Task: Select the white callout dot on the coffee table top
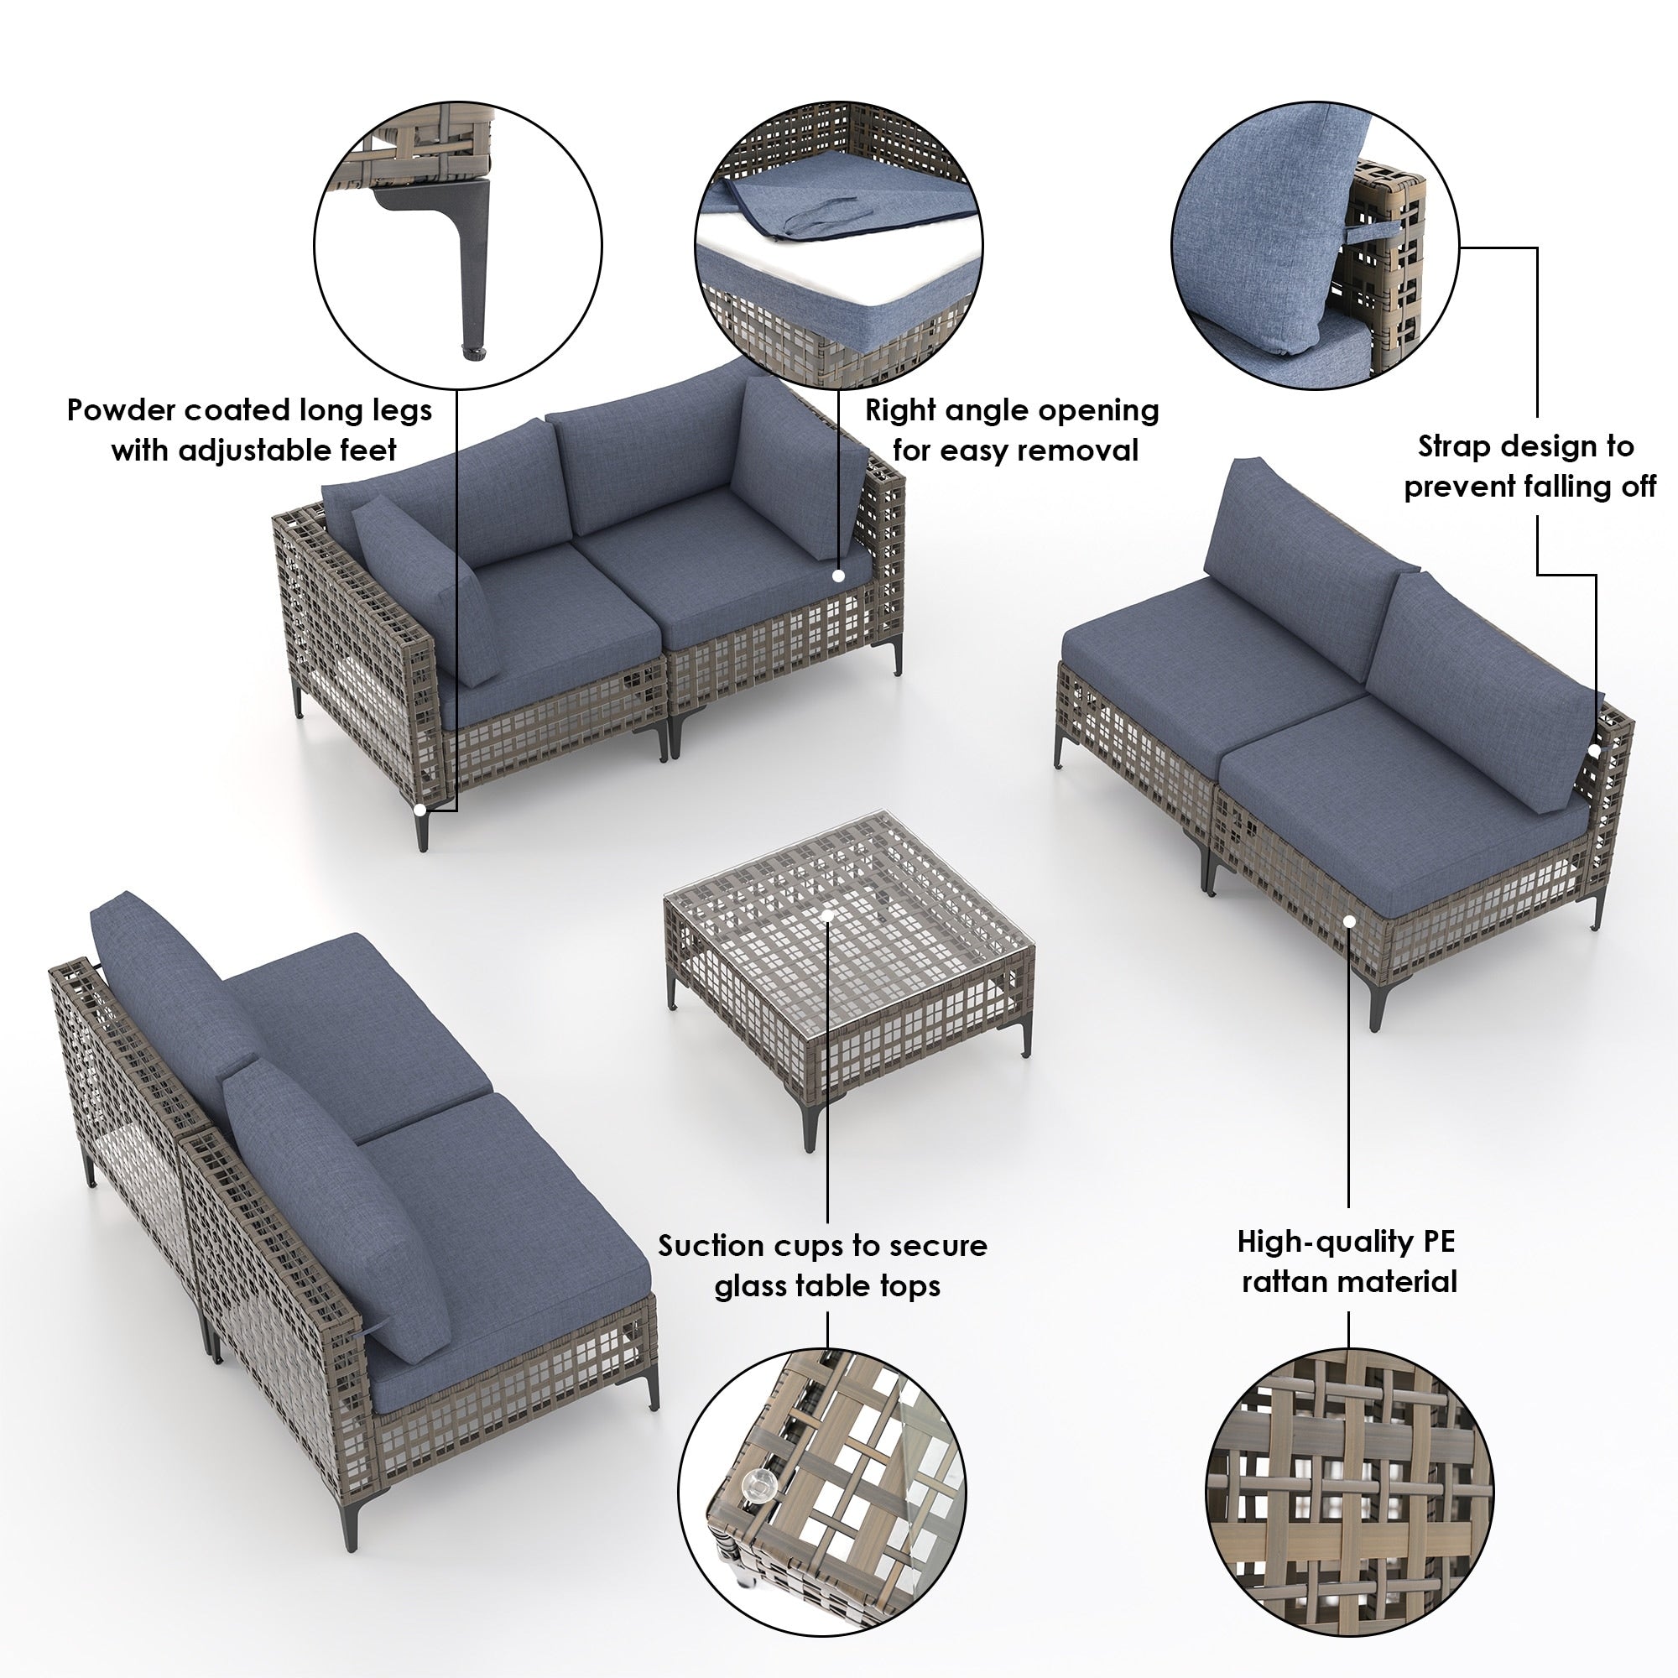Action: pos(827,915)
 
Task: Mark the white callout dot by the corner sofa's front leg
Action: pos(420,809)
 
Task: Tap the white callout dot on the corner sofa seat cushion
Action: pos(838,575)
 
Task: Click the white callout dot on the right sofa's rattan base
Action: pos(1349,920)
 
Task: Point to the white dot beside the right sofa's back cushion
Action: pos(1594,750)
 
